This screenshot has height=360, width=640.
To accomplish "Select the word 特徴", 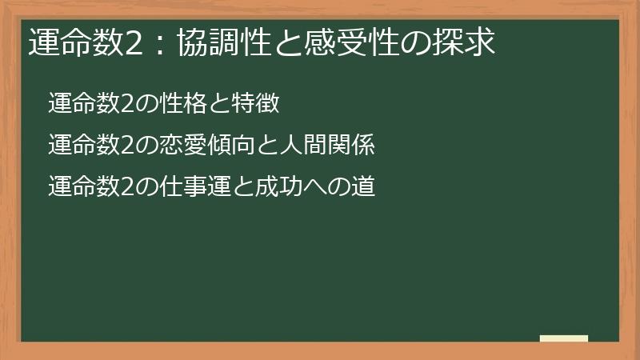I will (255, 104).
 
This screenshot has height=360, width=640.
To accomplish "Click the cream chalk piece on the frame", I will (564, 338).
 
